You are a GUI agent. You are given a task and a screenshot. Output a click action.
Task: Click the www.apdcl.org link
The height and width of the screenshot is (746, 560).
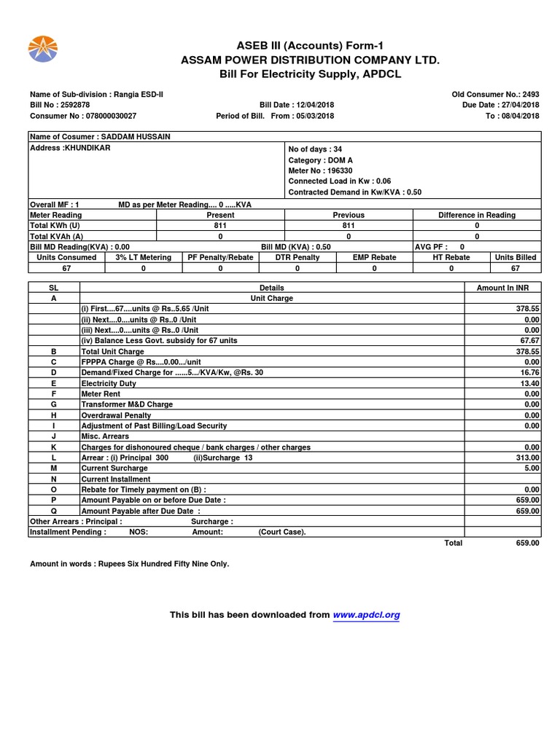coord(366,615)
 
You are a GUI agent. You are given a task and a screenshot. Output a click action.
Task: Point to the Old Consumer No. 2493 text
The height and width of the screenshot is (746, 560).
coord(496,94)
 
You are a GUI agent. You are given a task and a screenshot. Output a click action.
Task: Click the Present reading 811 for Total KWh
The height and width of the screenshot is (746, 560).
coord(220,226)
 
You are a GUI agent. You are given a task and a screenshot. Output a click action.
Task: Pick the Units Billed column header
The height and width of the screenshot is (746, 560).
coord(515,257)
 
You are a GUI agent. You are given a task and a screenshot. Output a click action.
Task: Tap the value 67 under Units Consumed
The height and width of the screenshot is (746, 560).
coord(66,268)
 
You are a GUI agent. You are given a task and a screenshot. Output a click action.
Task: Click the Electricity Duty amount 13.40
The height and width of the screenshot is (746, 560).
coord(526,383)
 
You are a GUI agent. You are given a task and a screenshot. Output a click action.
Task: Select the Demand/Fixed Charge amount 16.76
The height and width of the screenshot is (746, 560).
coord(526,372)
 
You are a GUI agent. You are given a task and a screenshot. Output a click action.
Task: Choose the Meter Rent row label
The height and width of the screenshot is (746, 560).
coord(101,394)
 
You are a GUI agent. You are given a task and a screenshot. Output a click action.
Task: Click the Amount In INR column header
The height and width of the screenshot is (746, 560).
coord(502,288)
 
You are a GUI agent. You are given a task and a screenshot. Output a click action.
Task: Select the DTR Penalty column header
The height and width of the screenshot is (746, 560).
coord(297,257)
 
